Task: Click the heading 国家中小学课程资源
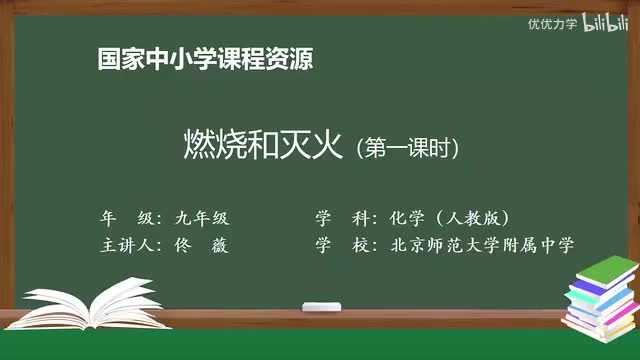click(205, 59)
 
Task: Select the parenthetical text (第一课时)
click(407, 149)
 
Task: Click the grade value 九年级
click(200, 217)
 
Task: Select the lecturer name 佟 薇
click(199, 245)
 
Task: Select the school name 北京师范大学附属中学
click(484, 245)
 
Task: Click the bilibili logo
click(603, 22)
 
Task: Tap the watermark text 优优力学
click(552, 23)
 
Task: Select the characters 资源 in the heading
click(291, 59)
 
